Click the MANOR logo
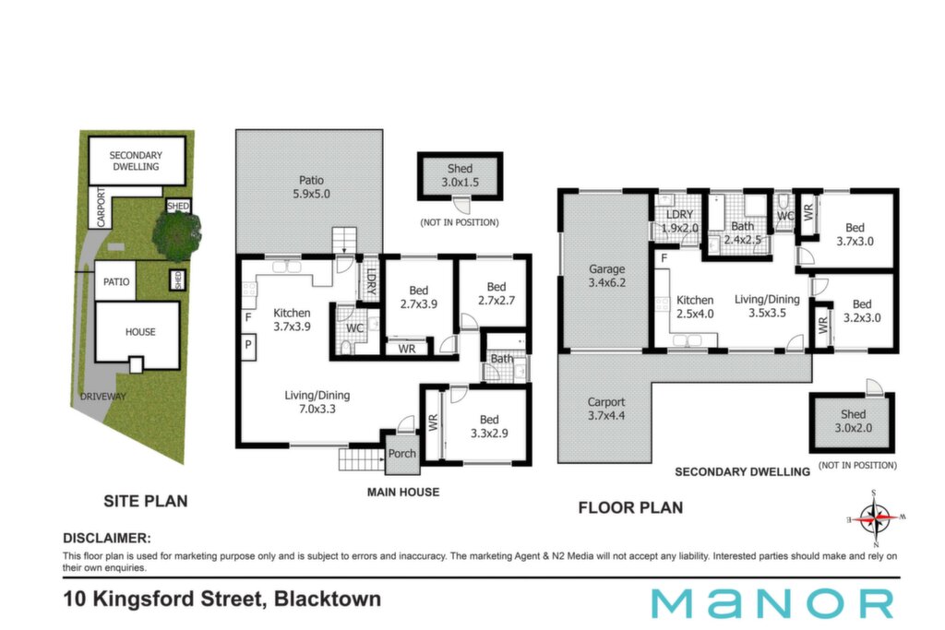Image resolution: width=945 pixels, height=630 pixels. click(772, 603)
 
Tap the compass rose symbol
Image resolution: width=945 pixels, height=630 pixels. click(875, 517)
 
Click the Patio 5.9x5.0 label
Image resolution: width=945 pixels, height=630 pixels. click(311, 186)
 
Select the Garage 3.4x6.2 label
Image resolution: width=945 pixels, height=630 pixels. click(606, 275)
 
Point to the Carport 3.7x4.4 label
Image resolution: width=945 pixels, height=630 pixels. click(605, 409)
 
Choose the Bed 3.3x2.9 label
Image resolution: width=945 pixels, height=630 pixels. click(489, 426)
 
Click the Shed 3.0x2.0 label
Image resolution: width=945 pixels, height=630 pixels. click(853, 421)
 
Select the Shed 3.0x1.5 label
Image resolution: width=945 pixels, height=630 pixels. click(460, 175)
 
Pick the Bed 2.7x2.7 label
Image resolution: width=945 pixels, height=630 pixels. click(496, 293)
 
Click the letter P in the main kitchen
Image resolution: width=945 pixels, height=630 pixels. click(247, 345)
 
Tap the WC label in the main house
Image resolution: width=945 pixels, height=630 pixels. click(354, 328)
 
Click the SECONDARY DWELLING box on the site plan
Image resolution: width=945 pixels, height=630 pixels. click(137, 160)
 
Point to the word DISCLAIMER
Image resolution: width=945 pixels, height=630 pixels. click(107, 538)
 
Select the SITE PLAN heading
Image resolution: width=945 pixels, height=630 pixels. click(145, 501)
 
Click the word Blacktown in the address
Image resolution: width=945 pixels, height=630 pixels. click(328, 599)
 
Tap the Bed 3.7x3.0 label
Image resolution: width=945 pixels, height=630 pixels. click(855, 234)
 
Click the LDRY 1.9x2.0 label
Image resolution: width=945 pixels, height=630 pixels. click(679, 221)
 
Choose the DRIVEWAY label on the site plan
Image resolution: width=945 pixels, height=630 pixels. click(103, 397)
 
